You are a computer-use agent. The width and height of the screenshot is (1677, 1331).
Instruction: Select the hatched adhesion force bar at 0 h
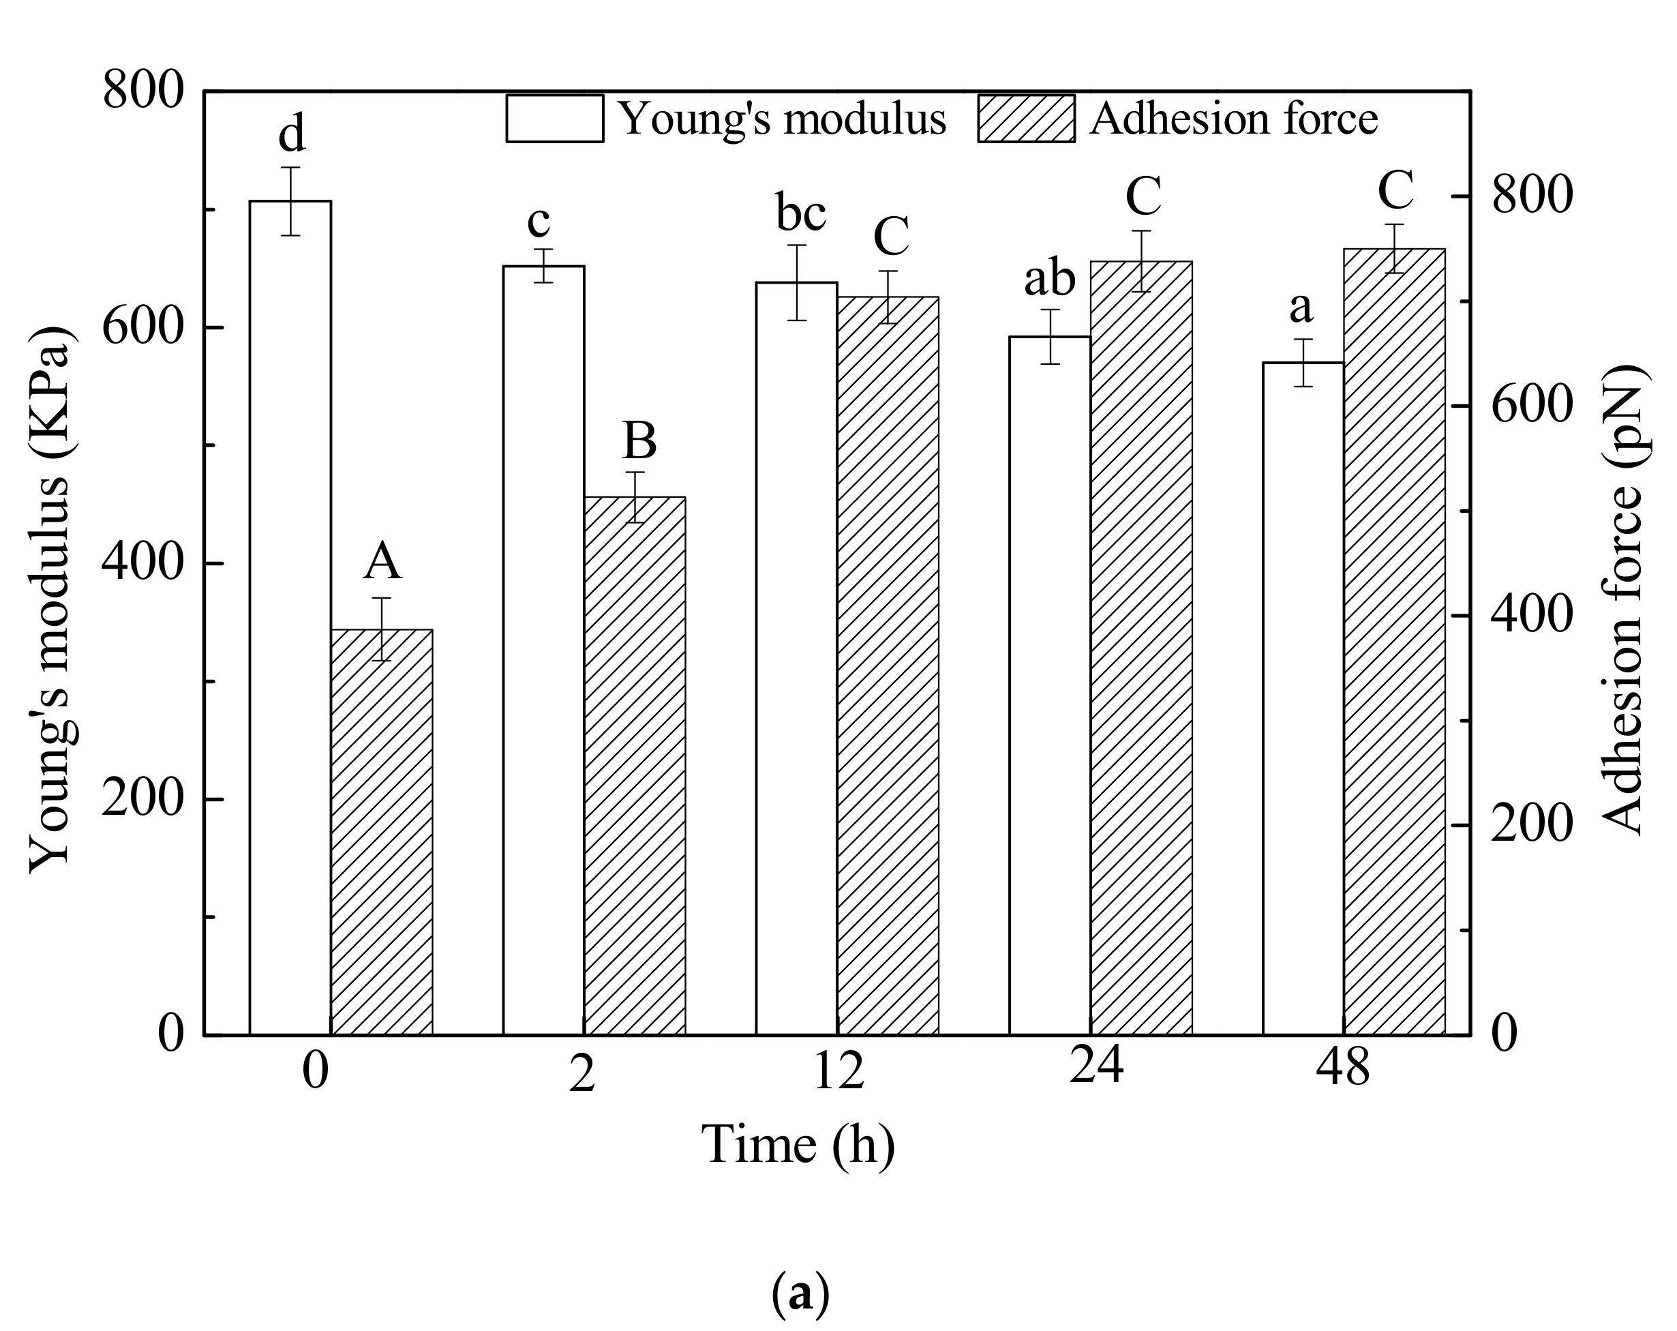pyautogui.click(x=381, y=832)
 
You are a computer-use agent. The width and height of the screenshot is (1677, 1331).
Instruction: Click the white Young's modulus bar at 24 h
pyautogui.click(x=1049, y=685)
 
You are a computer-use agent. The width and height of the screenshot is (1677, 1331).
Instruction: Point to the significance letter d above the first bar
pyautogui.click(x=292, y=134)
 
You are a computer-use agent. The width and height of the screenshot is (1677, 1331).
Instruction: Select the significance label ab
pyautogui.click(x=1049, y=278)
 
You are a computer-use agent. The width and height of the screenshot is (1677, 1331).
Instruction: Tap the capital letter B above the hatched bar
pyautogui.click(x=639, y=441)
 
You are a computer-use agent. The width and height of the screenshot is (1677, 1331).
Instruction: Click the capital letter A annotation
pyautogui.click(x=382, y=562)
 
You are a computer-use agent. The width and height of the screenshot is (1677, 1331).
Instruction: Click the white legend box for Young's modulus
pyautogui.click(x=555, y=119)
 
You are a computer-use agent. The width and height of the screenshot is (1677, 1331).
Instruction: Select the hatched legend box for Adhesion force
pyautogui.click(x=1027, y=119)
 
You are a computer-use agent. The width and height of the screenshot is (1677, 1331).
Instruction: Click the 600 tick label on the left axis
pyautogui.click(x=142, y=328)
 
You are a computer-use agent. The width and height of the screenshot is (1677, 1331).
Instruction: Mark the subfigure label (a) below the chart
pyautogui.click(x=800, y=1293)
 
